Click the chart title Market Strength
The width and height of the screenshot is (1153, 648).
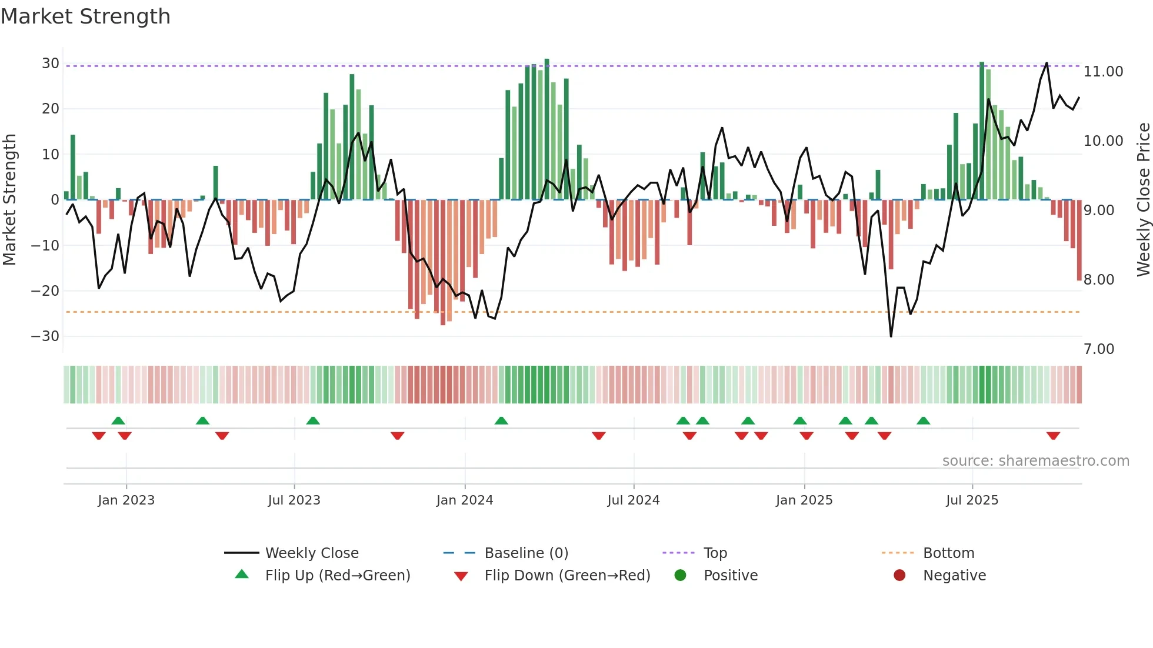[85, 16]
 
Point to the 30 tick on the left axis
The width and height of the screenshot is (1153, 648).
[51, 64]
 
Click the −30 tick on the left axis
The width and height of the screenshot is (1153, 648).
[45, 336]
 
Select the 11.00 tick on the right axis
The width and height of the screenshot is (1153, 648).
[1103, 72]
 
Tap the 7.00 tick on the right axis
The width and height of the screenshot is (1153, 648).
[1099, 349]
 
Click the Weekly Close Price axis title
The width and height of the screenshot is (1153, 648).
[1143, 199]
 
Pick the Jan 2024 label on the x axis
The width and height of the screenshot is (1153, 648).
[464, 500]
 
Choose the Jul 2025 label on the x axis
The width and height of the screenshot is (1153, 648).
[972, 500]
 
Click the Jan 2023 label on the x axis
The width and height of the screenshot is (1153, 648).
[126, 500]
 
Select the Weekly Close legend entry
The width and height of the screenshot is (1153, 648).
[311, 553]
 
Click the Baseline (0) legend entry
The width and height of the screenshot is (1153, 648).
[526, 553]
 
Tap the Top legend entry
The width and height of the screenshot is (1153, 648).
[715, 553]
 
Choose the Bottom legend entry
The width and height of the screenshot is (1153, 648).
[948, 553]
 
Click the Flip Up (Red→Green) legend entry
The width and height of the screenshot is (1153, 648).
[337, 576]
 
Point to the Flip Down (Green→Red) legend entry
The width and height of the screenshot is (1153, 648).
[567, 576]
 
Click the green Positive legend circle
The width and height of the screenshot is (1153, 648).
[680, 576]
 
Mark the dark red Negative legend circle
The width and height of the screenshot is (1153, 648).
[899, 576]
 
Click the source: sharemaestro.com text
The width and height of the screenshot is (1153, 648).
[1035, 461]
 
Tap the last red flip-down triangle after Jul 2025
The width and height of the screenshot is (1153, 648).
[1053, 436]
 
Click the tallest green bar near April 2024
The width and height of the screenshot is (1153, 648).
[546, 129]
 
